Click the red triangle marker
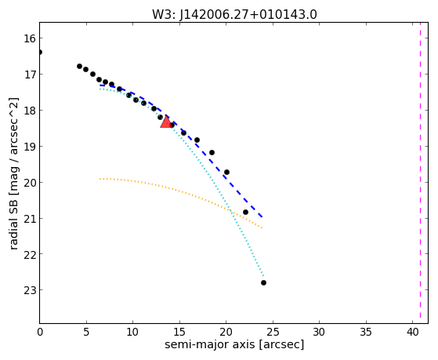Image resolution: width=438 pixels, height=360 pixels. tap(166, 122)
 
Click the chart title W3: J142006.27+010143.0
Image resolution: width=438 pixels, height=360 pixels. tap(234, 15)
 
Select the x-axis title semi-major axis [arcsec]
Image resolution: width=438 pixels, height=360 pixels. tap(234, 344)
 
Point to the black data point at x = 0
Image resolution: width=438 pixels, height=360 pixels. tap(40, 53)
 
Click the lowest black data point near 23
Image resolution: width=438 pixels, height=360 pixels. tap(263, 283)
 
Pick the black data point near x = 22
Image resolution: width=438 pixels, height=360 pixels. tap(245, 213)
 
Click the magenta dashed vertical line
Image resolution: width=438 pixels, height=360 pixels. tap(420, 173)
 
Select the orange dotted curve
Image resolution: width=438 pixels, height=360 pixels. tap(181, 191)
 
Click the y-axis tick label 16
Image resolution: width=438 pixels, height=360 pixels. tap(30, 38)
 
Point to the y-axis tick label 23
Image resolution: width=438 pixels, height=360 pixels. tap(30, 289)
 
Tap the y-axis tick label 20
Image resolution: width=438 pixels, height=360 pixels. tap(30, 182)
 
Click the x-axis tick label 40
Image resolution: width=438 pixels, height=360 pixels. tap(413, 332)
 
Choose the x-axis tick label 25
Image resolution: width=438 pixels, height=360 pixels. tap(273, 332)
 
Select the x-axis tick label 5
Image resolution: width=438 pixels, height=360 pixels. tap(86, 332)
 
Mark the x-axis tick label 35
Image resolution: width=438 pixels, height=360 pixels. tap(366, 332)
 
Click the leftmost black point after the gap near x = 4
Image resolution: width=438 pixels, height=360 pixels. tap(80, 67)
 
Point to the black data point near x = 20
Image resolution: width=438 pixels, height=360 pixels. tap(226, 172)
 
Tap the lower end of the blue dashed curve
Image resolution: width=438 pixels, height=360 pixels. tap(262, 217)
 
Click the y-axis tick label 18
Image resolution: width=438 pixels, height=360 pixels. tap(30, 111)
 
